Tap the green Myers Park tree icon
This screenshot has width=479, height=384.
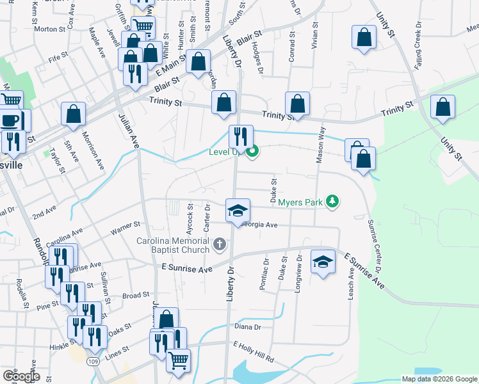click(x=332, y=202)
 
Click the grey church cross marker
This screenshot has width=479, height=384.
click(x=220, y=244)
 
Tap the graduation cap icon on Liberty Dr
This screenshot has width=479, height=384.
click(x=237, y=211)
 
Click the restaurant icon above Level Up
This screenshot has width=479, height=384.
click(x=241, y=136)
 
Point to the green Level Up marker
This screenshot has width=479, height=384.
click(x=253, y=152)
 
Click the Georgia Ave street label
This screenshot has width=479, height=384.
click(x=259, y=225)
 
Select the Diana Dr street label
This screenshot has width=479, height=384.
click(x=248, y=327)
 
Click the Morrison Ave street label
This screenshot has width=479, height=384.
click(x=92, y=150)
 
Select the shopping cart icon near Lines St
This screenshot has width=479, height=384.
click(x=178, y=360)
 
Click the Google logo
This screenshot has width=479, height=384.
click(x=20, y=376)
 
